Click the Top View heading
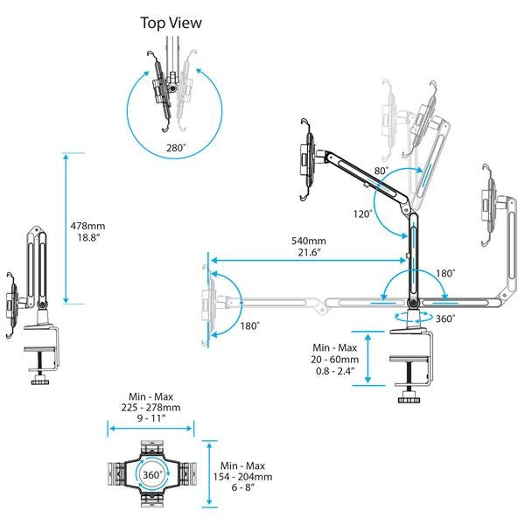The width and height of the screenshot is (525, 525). [171, 23]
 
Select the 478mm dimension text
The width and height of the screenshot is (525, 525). [88, 226]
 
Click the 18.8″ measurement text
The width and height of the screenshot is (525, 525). [86, 238]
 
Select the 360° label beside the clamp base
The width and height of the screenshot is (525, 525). [445, 318]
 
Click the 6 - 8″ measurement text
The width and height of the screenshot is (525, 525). [241, 489]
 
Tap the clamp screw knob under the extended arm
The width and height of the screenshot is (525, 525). [408, 399]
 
